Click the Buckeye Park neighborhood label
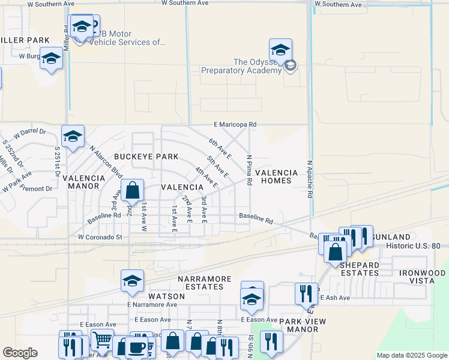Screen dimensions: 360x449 coord(146,157)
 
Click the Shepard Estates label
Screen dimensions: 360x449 coord(360,269)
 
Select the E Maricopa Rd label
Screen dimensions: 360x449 coord(235,125)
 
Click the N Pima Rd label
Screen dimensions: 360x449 coord(249,170)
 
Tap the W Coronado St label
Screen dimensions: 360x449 coord(100,237)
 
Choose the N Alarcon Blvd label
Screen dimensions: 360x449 coord(98,159)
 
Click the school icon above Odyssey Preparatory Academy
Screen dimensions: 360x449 coord(280,50)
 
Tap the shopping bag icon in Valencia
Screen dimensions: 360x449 coord(133,191)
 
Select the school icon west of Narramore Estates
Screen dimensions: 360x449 coord(133,281)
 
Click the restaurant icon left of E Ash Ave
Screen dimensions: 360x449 coord(306,294)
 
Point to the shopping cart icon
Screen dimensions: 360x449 coord(102,340)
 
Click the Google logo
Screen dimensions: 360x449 coord(20,353)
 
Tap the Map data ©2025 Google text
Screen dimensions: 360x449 coord(411,355)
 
